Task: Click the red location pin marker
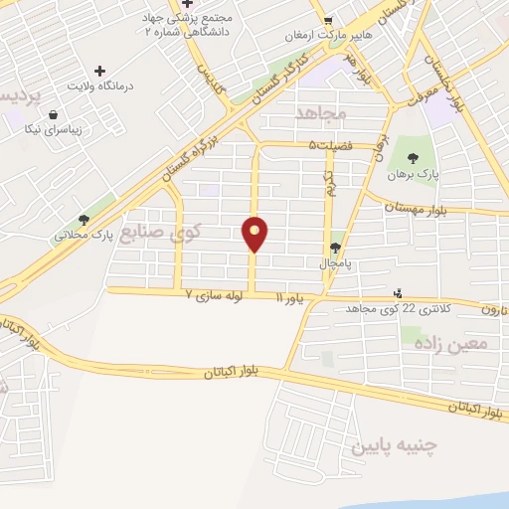coord(255,233)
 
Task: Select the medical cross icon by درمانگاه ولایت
coord(99,71)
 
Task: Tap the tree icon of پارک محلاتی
coord(85,220)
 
